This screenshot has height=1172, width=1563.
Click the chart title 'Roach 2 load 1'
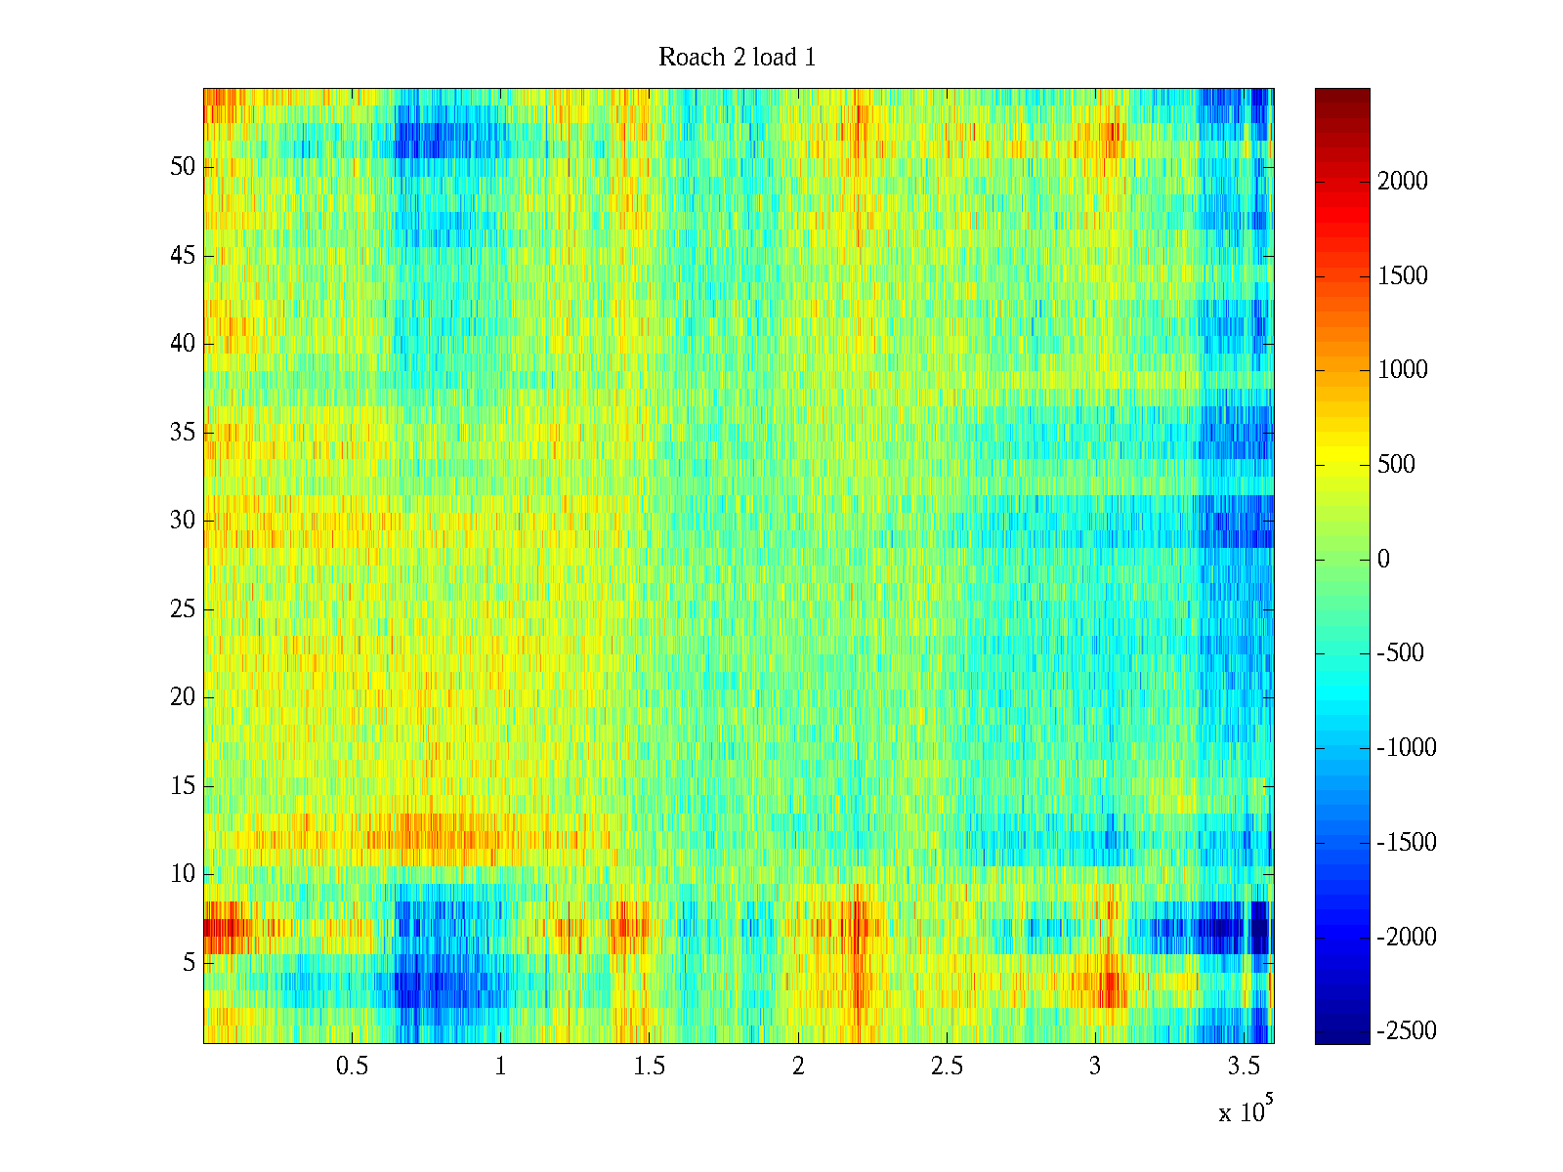coord(737,58)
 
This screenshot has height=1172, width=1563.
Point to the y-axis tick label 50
coord(183,167)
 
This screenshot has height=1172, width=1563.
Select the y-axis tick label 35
coord(183,433)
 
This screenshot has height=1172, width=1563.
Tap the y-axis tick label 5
coord(189,963)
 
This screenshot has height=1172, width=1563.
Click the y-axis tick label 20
coord(183,697)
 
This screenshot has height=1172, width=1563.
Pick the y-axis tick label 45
coord(183,256)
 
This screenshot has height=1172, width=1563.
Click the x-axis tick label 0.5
coord(352,1067)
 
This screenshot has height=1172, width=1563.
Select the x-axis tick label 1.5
coord(649,1067)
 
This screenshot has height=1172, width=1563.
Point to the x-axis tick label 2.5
coord(946,1067)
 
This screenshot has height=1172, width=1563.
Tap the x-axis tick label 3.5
coord(1243,1067)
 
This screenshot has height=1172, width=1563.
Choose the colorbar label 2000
coord(1403,182)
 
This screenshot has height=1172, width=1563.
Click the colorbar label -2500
coord(1407,1031)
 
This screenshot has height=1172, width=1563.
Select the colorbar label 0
coord(1383,560)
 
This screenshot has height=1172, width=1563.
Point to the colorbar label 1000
coord(1403,370)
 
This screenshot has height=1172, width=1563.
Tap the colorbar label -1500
coord(1407,843)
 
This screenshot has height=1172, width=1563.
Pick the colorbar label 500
coord(1397,465)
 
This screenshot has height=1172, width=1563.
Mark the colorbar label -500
coord(1401,653)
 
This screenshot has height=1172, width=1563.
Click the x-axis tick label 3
coord(1094,1067)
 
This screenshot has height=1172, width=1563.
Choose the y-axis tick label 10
coord(183,874)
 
